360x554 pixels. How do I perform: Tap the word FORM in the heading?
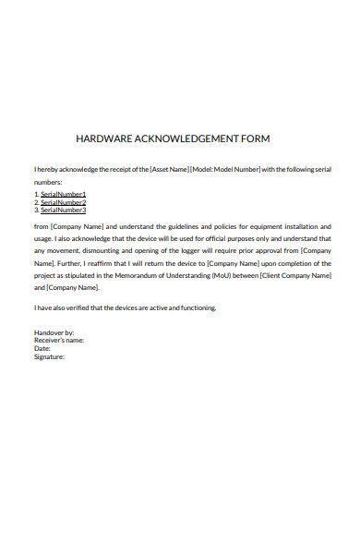tap(252, 139)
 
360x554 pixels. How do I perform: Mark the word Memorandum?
tap(136, 274)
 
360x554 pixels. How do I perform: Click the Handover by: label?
tap(54, 332)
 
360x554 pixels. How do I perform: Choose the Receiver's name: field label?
tap(59, 340)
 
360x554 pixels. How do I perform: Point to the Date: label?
tap(42, 348)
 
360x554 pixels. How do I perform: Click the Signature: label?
tap(50, 355)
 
